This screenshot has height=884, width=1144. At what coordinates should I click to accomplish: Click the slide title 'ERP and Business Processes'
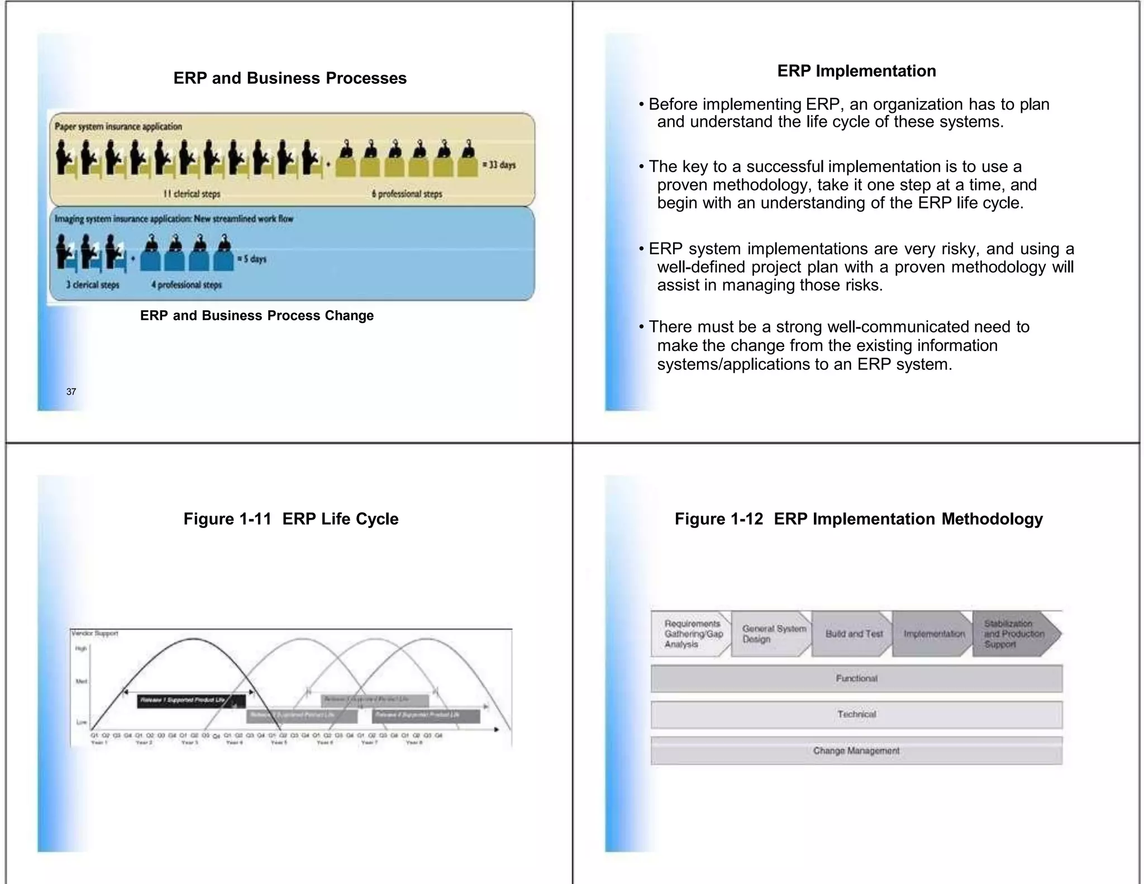pos(290,78)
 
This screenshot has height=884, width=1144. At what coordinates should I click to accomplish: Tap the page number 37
pos(71,392)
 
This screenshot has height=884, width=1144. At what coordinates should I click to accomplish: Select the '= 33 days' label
pos(499,165)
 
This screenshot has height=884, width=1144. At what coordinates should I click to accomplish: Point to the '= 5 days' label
pos(252,259)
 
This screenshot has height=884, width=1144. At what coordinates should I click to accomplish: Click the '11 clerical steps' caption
pos(192,194)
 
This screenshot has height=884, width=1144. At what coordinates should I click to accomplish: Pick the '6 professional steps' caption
pos(407,194)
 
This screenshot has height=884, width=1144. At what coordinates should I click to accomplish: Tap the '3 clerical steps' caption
pos(93,284)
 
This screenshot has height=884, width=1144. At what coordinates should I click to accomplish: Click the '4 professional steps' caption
pos(187,284)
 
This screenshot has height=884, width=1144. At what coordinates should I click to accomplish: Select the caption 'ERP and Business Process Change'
pos(257,316)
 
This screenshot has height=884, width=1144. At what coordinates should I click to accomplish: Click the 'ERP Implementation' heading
pos(856,71)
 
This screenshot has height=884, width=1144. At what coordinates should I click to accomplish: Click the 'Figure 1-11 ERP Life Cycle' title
pos(291,519)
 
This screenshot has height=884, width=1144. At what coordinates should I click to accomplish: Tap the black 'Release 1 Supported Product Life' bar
pos(191,701)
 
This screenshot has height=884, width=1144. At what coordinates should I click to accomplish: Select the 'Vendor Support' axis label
pos(95,633)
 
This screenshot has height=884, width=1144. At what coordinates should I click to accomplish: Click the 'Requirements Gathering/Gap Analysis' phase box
pos(692,634)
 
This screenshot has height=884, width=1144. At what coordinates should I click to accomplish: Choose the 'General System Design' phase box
pos(772,634)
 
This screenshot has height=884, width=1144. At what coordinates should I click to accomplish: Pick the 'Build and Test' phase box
pos(853,634)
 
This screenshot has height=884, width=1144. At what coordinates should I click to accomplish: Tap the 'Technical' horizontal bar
pos(856,714)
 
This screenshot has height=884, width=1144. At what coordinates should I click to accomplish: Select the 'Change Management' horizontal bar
pos(856,750)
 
